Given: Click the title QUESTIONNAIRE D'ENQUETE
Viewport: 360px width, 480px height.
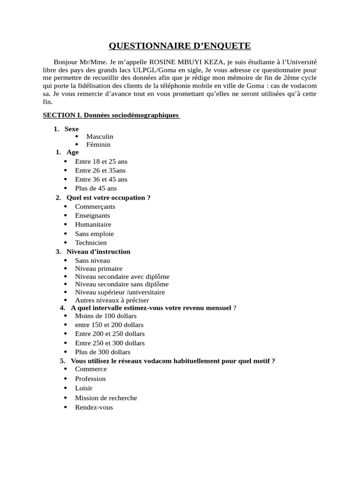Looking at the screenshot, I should click(180, 45).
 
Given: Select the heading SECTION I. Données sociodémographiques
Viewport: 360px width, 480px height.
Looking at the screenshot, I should click(111, 115).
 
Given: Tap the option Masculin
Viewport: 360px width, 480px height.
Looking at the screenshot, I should click(100, 136).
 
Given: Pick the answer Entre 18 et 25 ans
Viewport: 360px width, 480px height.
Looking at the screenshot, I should click(101, 161).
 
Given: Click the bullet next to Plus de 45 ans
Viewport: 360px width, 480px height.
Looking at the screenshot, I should click(65, 188).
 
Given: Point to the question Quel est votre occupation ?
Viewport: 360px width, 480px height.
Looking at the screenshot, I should click(108, 197).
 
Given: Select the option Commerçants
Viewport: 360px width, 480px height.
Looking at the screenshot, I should click(95, 206).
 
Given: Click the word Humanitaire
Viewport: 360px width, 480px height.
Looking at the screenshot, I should click(93, 225).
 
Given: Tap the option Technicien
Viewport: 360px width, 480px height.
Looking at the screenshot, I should click(91, 243).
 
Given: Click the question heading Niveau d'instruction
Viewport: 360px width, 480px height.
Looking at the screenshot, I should click(98, 252).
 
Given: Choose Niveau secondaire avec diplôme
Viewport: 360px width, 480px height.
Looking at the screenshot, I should click(122, 277).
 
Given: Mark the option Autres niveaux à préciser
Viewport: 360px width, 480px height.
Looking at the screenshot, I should click(112, 300).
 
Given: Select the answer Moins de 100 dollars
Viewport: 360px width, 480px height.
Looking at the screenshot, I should click(106, 315).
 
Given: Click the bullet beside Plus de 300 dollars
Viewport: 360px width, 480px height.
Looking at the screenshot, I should click(65, 352).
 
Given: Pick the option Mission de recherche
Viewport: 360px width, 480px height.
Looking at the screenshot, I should click(106, 398).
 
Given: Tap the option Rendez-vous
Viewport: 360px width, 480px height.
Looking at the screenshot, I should click(94, 407).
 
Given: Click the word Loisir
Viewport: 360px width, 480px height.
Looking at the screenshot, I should click(84, 388).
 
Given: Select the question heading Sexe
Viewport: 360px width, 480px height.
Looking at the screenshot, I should click(72, 128).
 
